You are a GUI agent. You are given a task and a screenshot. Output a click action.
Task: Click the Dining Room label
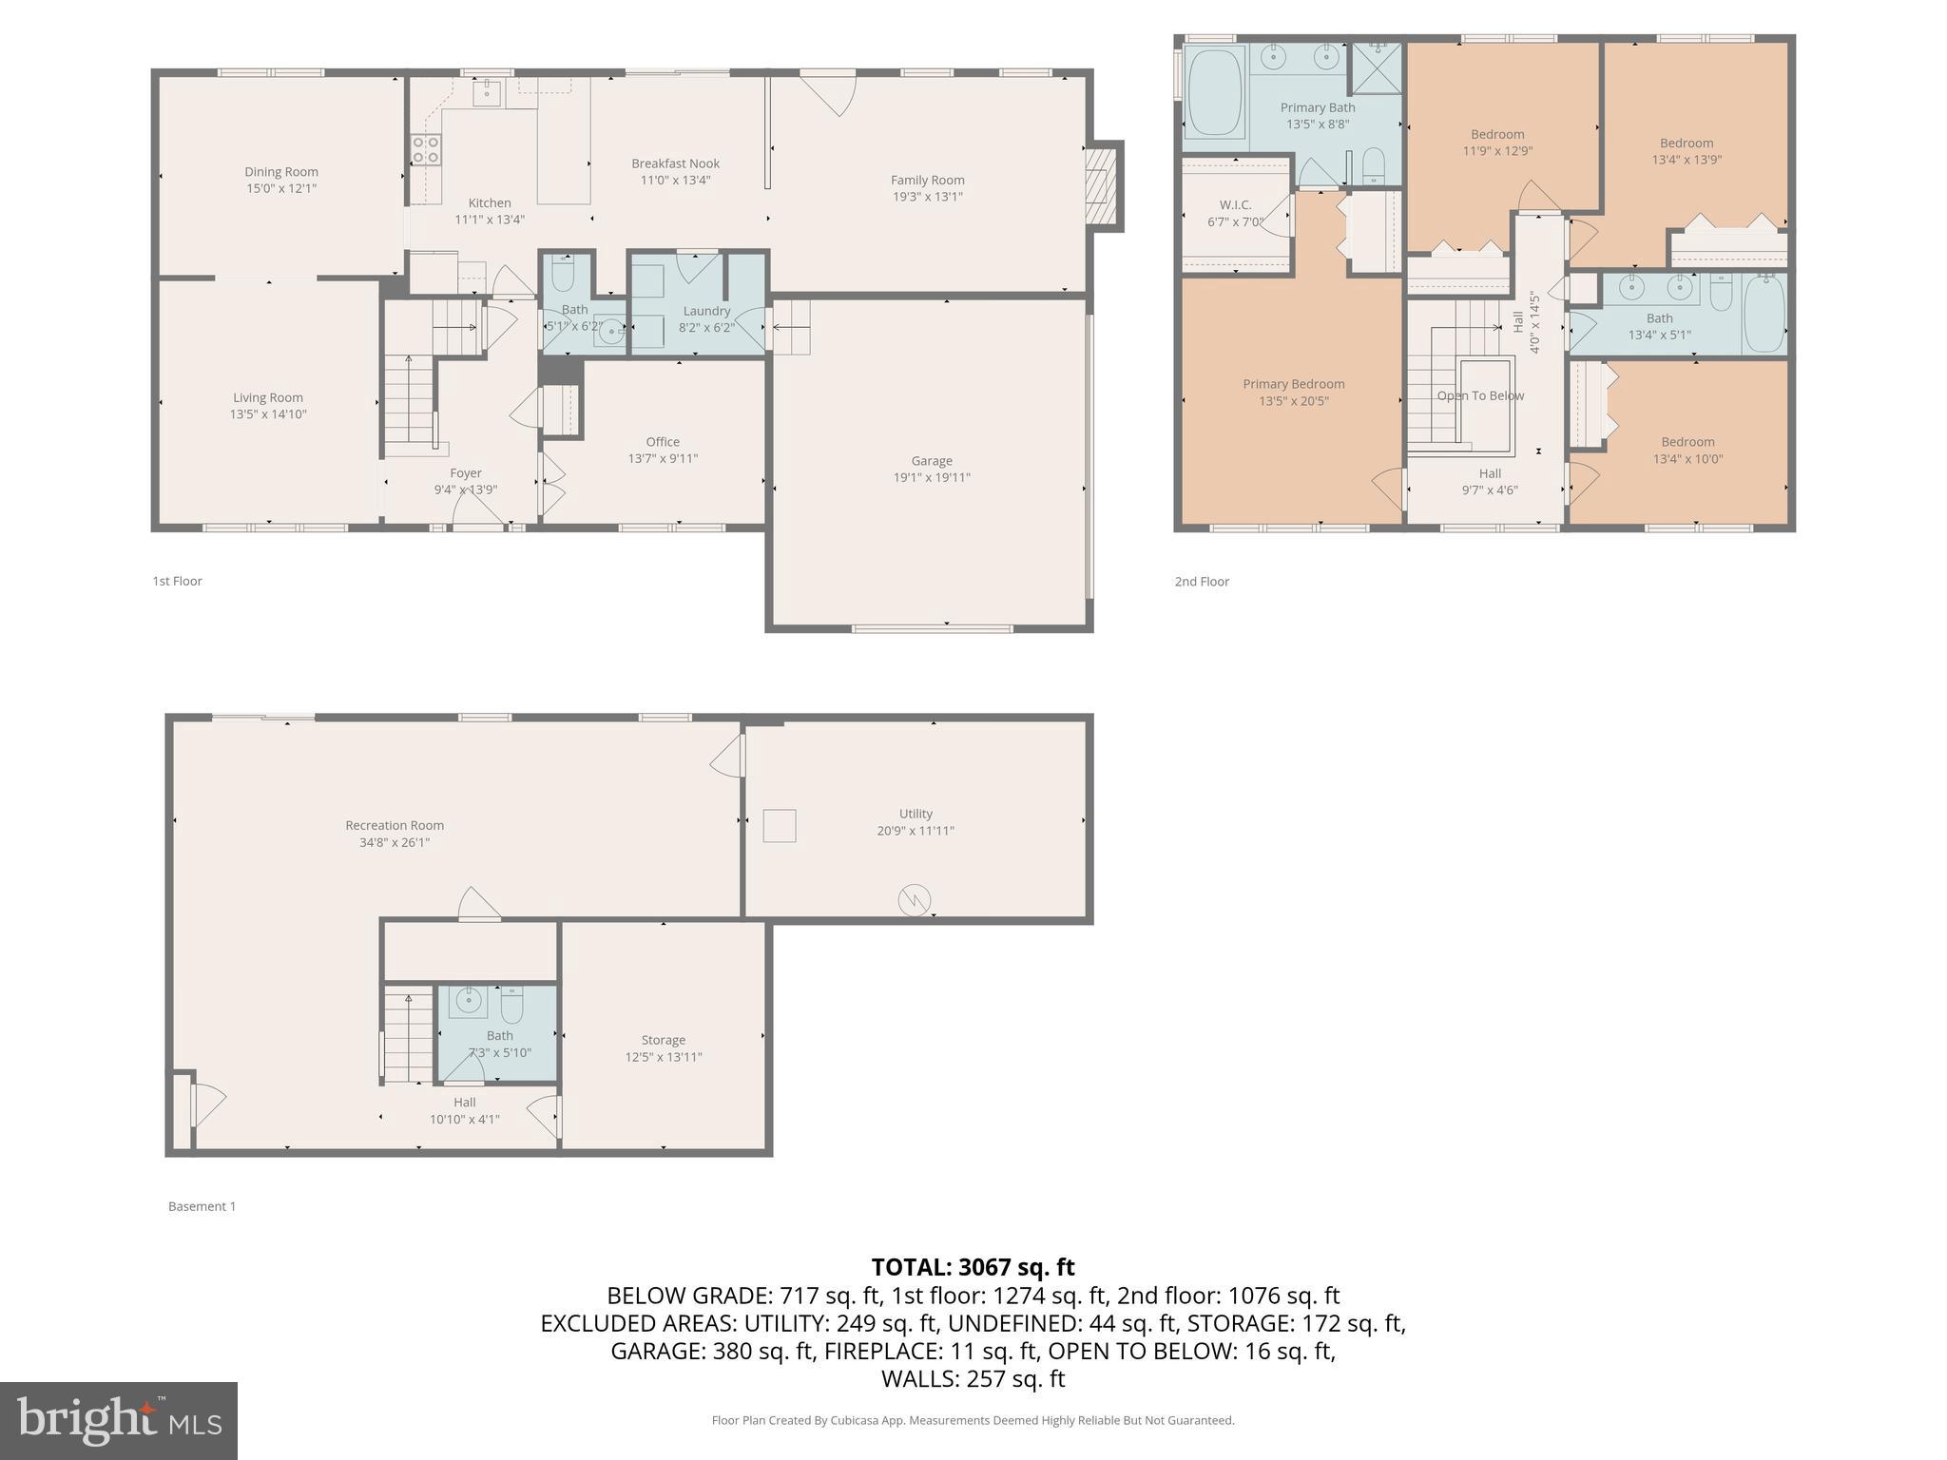[281, 172]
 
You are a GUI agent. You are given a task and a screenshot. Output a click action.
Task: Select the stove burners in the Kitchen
[425, 149]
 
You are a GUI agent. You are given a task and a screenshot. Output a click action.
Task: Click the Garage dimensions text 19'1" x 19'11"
[932, 477]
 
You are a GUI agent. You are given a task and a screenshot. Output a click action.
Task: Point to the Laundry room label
[706, 311]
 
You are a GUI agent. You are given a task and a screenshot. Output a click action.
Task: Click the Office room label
[663, 442]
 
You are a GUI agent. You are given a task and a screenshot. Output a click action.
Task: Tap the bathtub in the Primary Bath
[1215, 92]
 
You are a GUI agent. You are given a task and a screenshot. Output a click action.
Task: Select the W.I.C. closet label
[1235, 205]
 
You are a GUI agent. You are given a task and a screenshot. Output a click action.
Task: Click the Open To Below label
[1480, 395]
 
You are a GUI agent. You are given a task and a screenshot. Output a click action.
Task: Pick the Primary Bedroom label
[1293, 384]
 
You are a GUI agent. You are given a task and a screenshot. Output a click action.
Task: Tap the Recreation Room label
[395, 825]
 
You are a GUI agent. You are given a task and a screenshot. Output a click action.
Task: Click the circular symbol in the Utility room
[915, 900]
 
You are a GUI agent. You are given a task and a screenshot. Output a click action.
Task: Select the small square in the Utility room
[780, 825]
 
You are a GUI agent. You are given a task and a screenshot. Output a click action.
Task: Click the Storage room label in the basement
[663, 1040]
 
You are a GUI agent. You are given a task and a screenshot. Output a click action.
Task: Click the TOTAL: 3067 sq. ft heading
[973, 1267]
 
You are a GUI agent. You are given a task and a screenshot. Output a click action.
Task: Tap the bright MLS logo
[119, 1420]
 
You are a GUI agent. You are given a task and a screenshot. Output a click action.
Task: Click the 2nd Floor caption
[1202, 581]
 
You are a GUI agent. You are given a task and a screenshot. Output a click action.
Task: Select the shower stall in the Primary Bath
[1376, 68]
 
